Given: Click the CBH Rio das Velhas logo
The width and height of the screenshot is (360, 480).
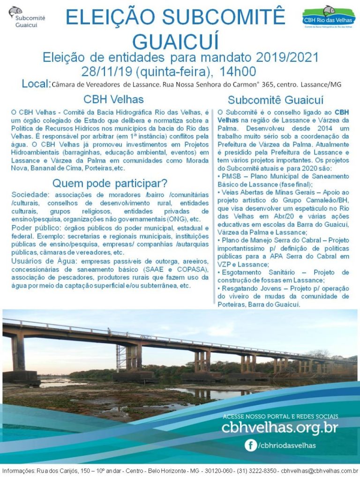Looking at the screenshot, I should [328, 18].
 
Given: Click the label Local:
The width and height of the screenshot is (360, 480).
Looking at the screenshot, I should [36, 84].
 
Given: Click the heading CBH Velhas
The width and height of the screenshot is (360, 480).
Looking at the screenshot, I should [113, 99].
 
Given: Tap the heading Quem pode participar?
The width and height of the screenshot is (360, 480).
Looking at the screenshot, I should [110, 183].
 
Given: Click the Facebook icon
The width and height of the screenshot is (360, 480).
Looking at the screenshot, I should [251, 445].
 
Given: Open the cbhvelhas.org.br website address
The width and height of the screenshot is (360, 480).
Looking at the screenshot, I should [279, 427].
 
